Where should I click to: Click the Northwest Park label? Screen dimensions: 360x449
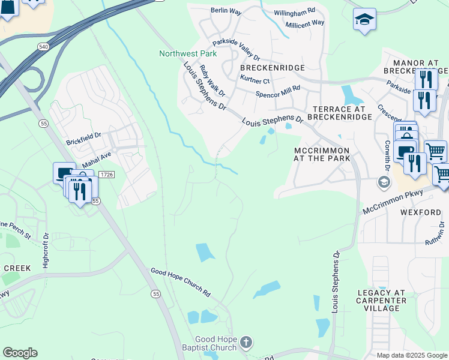(188, 53)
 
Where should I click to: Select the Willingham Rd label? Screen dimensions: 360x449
(295, 11)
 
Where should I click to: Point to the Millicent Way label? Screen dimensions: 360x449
(304, 23)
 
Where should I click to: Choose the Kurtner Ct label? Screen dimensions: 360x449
(255, 80)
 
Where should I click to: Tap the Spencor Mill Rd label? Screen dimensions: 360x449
(277, 91)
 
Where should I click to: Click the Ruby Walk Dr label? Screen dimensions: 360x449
(212, 81)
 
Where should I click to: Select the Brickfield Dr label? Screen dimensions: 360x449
(84, 137)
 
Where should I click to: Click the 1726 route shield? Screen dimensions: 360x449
(106, 174)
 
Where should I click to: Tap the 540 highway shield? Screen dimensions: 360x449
(42, 46)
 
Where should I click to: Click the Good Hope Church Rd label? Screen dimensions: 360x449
(180, 283)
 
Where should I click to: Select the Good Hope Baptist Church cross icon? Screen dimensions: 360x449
(245, 343)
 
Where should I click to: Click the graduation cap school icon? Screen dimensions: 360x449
(364, 20)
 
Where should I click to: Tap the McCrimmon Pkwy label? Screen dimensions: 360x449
(393, 202)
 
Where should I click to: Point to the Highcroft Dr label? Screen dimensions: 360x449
(45, 251)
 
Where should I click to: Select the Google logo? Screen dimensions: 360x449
(20, 353)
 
